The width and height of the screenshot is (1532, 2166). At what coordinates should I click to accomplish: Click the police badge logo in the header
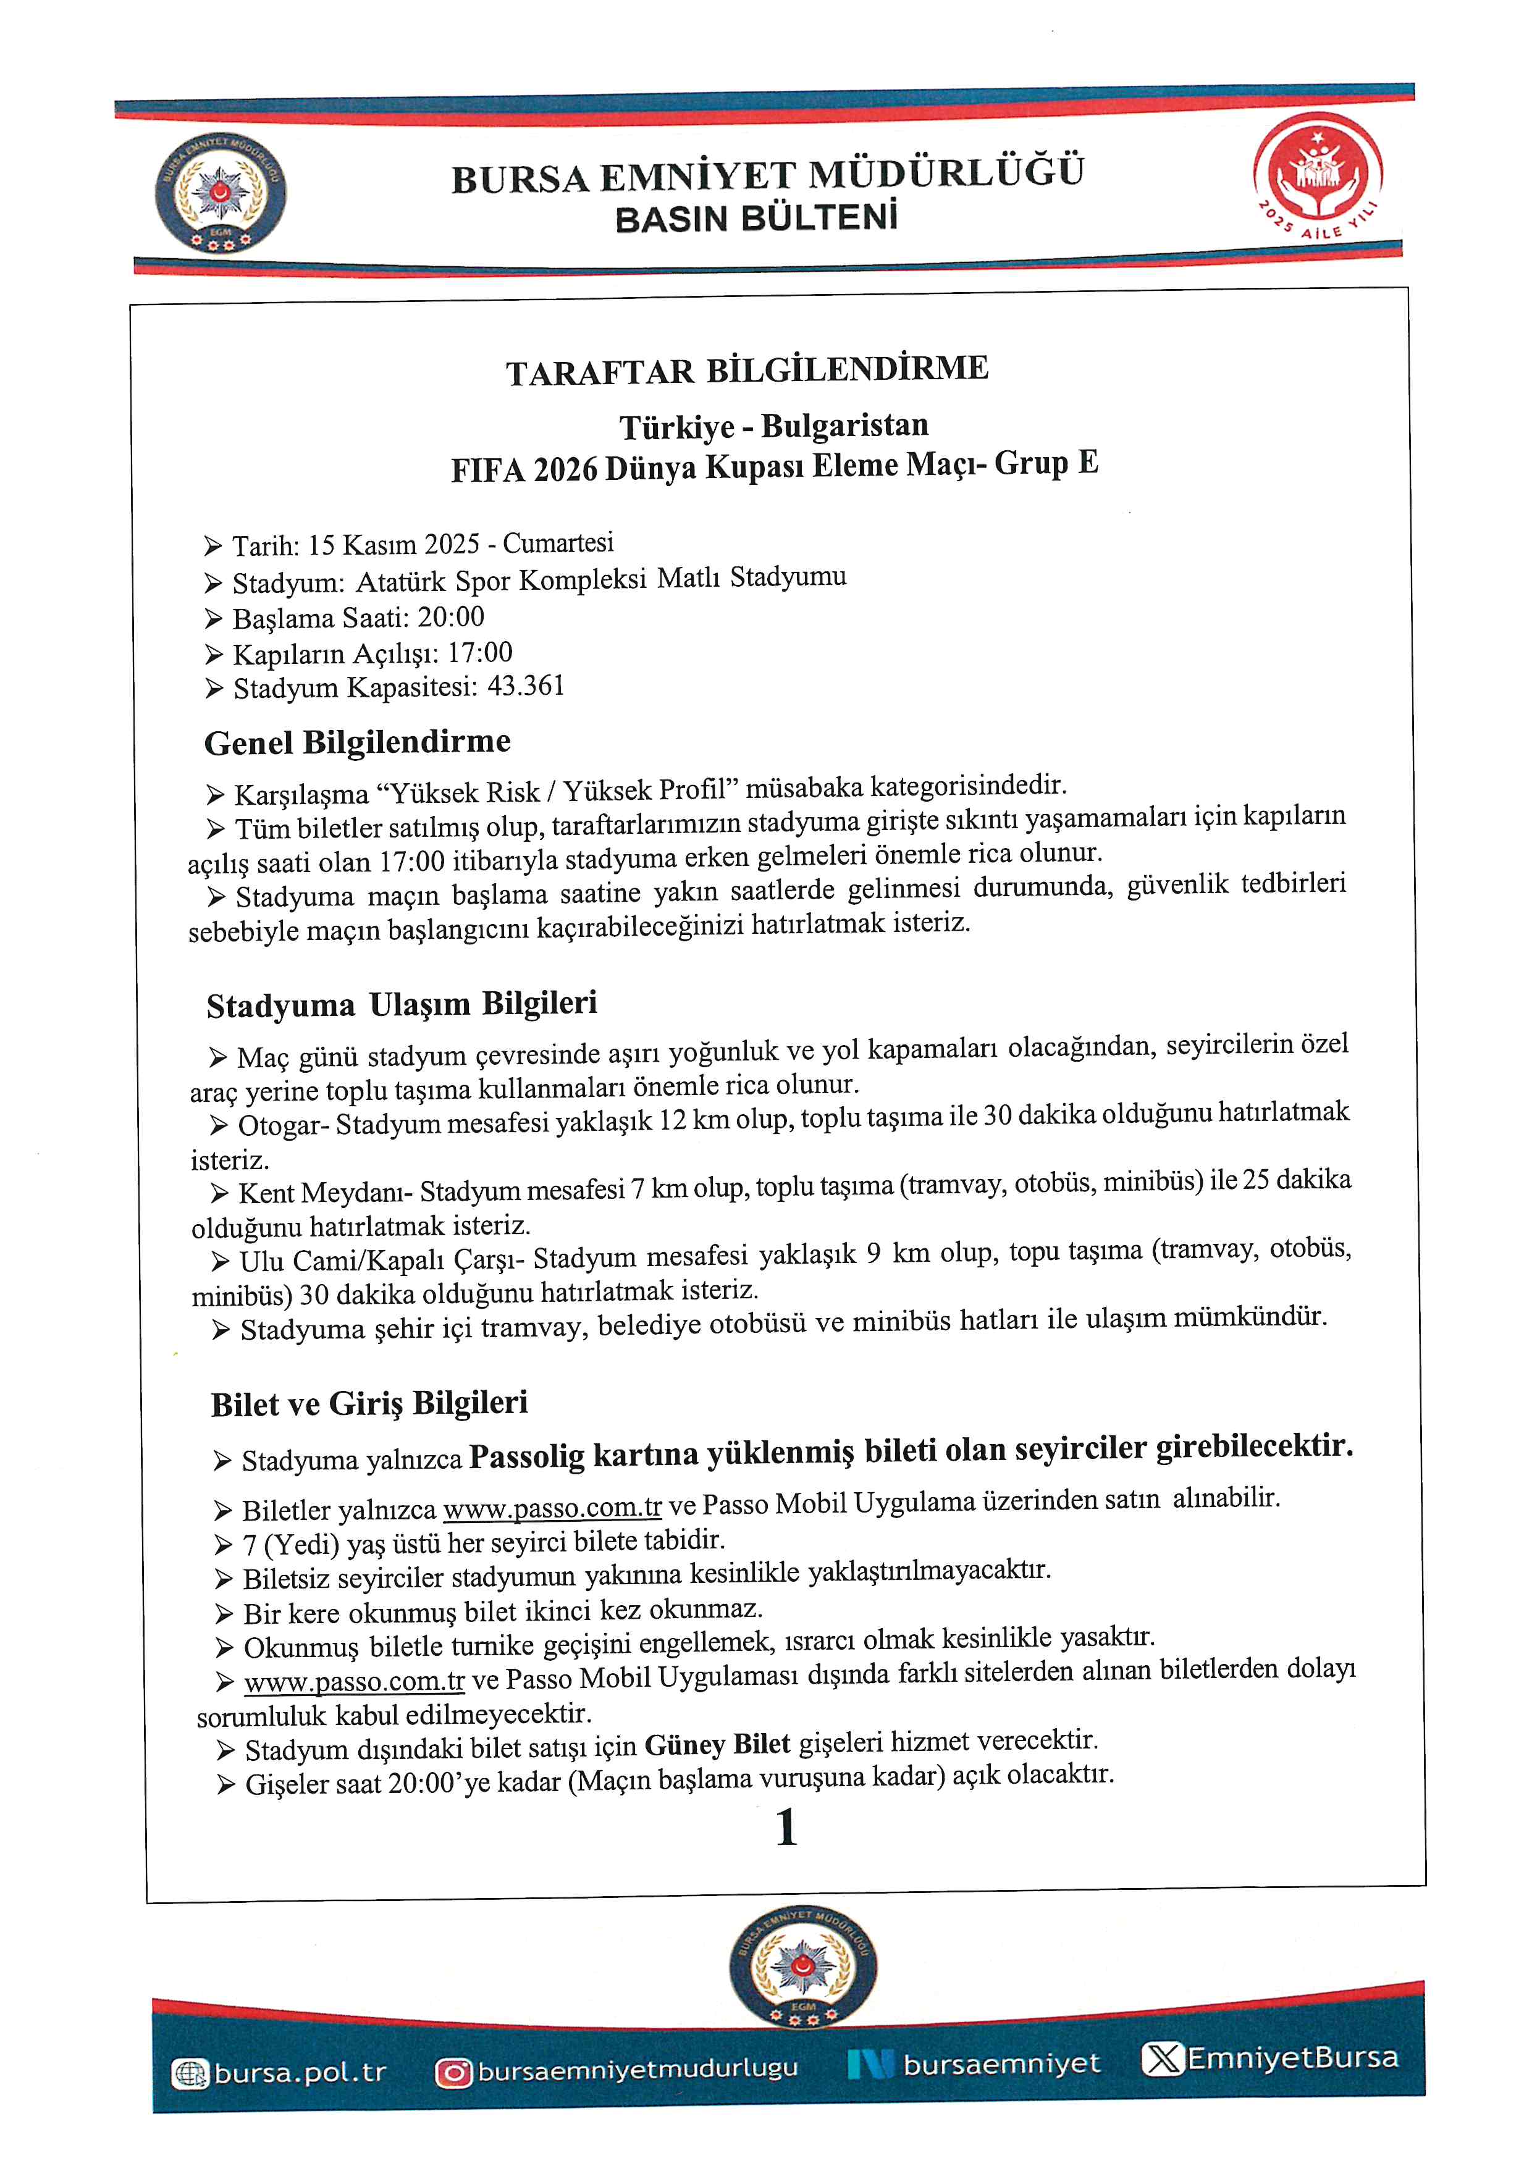click(220, 193)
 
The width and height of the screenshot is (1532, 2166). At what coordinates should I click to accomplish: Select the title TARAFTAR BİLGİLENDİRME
click(746, 370)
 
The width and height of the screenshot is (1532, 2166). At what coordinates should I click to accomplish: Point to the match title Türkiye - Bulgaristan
click(773, 426)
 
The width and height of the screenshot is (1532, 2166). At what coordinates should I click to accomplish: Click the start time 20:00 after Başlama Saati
click(451, 617)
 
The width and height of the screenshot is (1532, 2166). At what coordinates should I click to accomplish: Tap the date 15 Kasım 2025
click(394, 544)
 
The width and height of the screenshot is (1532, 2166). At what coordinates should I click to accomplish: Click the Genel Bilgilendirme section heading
click(358, 742)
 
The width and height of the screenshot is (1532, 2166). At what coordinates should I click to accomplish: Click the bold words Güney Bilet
click(717, 1744)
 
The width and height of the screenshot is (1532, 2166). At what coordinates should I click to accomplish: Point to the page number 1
click(786, 1828)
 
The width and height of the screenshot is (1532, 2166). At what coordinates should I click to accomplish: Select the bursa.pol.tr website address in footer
click(300, 2073)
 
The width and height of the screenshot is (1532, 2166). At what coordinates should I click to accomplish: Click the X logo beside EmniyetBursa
click(1161, 2059)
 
